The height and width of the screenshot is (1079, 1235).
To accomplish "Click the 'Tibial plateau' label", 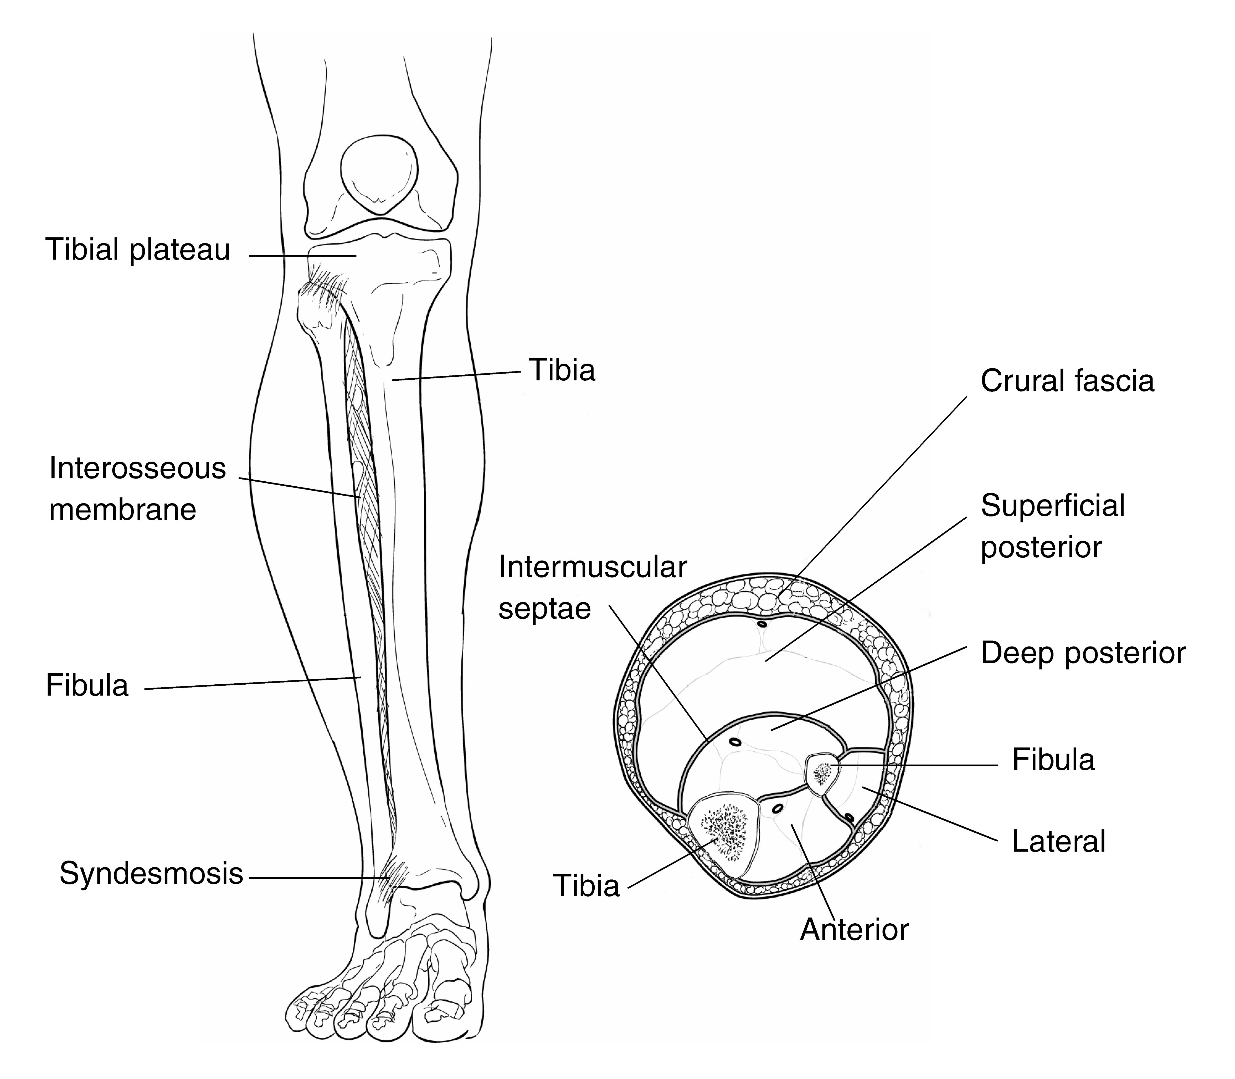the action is point(138,250).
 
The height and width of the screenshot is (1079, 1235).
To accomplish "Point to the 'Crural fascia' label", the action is point(1067,381).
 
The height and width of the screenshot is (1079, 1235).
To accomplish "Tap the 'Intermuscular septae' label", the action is point(593,588).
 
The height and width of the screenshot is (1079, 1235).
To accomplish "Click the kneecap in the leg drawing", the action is point(379,175).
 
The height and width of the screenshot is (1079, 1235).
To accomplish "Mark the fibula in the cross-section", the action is point(823,774).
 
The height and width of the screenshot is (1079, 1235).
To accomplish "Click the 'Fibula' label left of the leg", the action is point(87,686).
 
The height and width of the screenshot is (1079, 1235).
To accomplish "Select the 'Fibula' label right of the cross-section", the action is point(1053,760).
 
